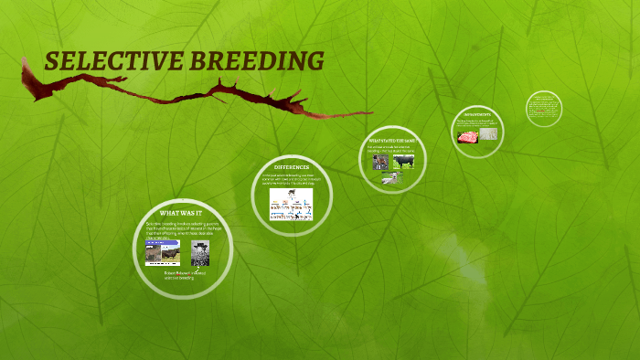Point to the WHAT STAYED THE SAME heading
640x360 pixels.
click(x=392, y=139)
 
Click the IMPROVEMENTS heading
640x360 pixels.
click(x=478, y=114)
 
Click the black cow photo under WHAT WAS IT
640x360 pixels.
click(x=158, y=251)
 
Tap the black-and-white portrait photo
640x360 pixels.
click(x=200, y=252)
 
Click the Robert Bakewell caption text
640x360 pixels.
click(x=186, y=275)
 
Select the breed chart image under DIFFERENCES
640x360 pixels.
click(x=291, y=204)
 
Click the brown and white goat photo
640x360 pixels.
click(x=379, y=162)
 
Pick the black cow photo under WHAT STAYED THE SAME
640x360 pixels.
click(x=403, y=162)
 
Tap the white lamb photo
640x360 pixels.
click(x=390, y=179)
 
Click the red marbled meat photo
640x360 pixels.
click(x=468, y=136)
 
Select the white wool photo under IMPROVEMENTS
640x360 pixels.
click(x=489, y=133)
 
